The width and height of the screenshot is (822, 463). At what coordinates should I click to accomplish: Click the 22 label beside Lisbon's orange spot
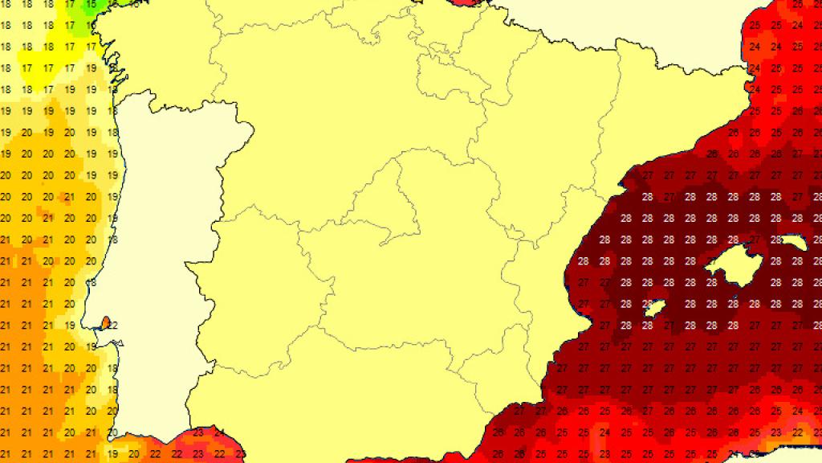113,325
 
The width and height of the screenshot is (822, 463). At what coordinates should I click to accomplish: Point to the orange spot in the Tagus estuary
104,324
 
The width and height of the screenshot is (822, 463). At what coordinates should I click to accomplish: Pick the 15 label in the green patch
91,4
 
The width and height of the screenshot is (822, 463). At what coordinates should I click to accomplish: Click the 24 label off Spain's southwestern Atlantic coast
218,433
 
